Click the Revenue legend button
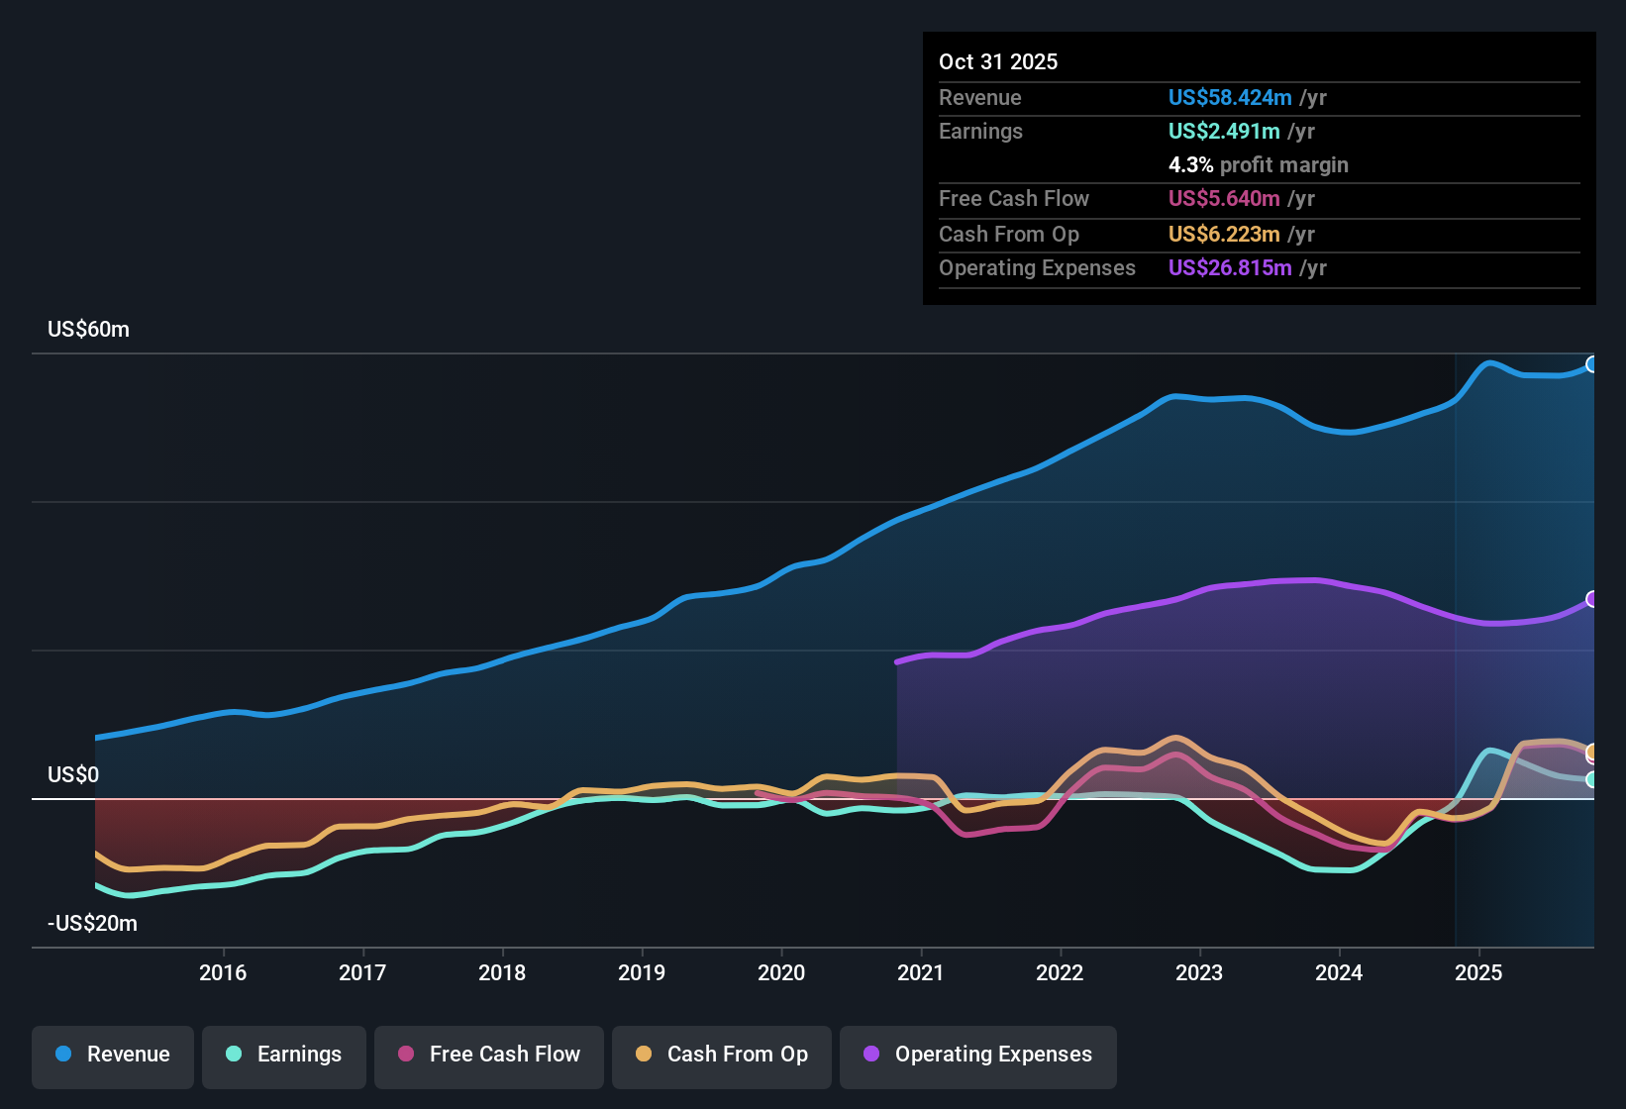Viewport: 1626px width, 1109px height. [113, 1055]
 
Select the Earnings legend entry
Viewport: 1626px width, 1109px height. [284, 1055]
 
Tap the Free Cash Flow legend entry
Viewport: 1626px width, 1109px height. [489, 1055]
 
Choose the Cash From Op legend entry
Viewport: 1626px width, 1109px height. [722, 1055]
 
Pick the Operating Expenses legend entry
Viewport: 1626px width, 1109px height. [978, 1055]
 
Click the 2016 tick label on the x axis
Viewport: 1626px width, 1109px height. [223, 973]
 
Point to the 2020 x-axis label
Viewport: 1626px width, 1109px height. [781, 973]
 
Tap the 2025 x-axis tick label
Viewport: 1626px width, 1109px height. [1478, 973]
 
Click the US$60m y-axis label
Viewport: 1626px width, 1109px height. [88, 330]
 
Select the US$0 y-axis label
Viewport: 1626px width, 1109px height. [73, 775]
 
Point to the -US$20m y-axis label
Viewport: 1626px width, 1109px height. [92, 924]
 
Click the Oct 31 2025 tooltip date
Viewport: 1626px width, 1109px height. [998, 62]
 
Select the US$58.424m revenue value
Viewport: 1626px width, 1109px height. [1230, 98]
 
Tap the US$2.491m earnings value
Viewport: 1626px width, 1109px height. [1224, 132]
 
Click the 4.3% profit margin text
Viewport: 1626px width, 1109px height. [1258, 165]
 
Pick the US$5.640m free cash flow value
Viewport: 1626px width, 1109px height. [1224, 199]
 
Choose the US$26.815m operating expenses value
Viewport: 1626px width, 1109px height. [1230, 268]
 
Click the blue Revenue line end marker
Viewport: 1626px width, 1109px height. [1591, 364]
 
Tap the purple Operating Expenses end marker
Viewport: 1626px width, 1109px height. [1591, 599]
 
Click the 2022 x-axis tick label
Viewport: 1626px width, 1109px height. [1060, 973]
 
